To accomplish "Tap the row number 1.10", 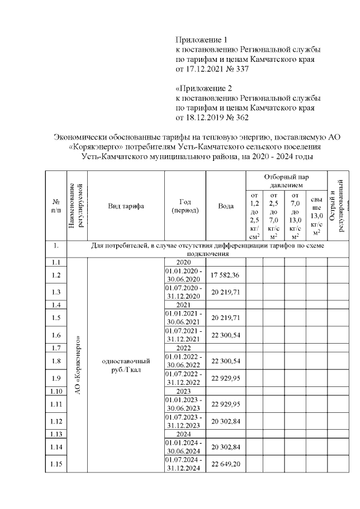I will tap(56, 391).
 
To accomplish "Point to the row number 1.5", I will tap(56, 318).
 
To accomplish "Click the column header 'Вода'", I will tap(226, 206).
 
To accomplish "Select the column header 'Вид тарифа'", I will tap(125, 206).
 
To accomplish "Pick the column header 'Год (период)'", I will tap(185, 206).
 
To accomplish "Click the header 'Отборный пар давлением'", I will tap(286, 181).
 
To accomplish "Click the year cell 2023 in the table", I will tap(185, 391).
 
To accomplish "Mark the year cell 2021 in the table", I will tap(185, 304).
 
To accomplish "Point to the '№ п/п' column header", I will tap(56, 206).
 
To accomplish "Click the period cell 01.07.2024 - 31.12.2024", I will tap(185, 463).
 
